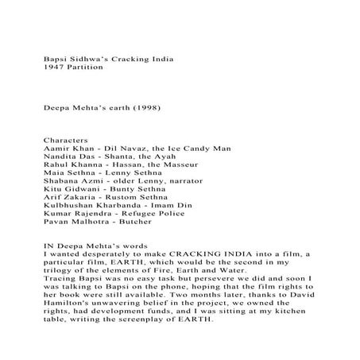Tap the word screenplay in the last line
(135, 323)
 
